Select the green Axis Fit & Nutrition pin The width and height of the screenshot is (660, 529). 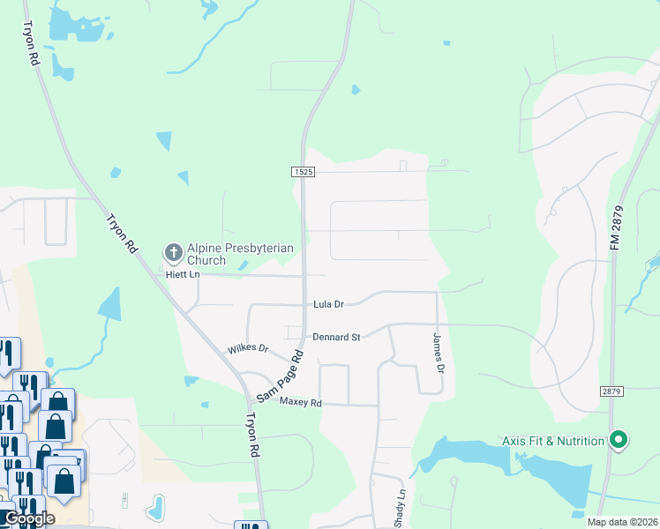tap(619, 439)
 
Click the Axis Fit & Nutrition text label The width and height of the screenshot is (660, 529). tap(553, 440)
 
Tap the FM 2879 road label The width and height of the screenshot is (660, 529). tap(615, 226)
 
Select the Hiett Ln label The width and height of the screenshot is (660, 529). tap(184, 275)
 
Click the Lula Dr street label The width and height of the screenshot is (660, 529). tap(328, 304)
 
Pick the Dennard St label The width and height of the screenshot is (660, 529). tap(337, 337)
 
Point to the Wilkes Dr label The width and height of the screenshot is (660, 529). tap(248, 348)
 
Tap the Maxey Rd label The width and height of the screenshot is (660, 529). tap(301, 402)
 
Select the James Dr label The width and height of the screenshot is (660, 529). tap(436, 350)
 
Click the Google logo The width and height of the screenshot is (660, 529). tap(28, 518)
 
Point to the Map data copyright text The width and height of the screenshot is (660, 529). tap(622, 522)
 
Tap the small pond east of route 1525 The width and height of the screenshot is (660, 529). tap(355, 89)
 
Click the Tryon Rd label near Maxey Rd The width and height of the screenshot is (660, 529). tap(253, 434)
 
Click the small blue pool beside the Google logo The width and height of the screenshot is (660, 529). tap(156, 506)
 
